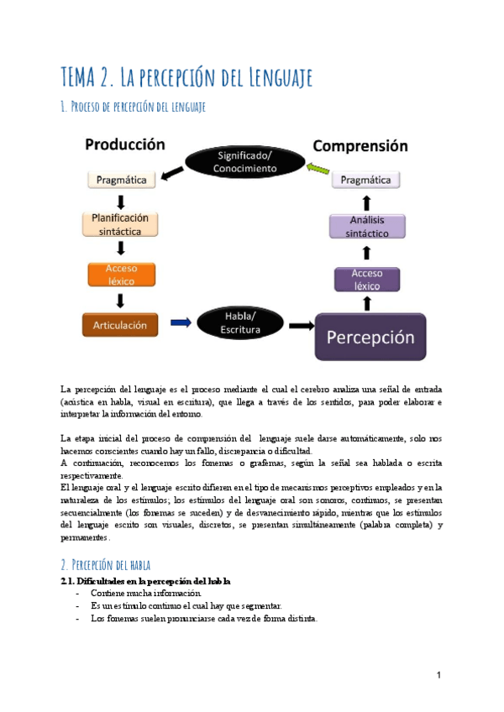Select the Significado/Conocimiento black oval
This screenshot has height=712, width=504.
tap(245, 161)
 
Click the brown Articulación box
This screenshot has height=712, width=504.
tap(120, 324)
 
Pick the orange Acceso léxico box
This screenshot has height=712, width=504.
tap(120, 275)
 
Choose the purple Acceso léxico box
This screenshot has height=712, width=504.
tap(366, 279)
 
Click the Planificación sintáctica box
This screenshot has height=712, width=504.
tap(120, 224)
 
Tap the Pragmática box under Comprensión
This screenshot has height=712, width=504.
tap(366, 180)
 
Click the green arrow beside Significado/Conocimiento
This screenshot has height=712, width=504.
tap(317, 170)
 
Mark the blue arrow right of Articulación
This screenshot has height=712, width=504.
tap(181, 322)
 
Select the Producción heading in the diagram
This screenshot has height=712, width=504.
tap(124, 144)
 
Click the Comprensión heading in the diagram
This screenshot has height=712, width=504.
tap(360, 145)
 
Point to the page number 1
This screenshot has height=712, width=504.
tap(438, 675)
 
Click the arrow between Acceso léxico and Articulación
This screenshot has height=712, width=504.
tap(121, 300)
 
